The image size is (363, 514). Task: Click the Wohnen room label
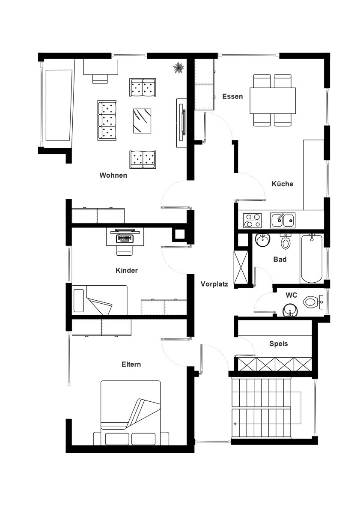pos(113,175)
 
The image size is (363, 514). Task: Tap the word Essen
pos(232,96)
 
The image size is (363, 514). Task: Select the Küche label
pos(282,184)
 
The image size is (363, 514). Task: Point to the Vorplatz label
pos(214,284)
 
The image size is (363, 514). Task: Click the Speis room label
pos(278,344)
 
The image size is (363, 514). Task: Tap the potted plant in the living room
pos(179,68)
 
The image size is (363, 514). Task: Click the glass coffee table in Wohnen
pos(142,121)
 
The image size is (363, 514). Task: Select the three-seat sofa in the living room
pos(107,120)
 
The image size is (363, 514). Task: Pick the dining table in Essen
pos(273,100)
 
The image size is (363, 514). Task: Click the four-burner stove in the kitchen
pos(252,220)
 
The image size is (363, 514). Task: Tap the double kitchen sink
pos(283,220)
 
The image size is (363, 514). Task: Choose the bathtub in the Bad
pos(312,258)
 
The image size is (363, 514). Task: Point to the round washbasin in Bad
pos(262,240)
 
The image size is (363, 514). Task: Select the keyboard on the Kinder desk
pos(125,238)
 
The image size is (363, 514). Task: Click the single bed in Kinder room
pos(99,300)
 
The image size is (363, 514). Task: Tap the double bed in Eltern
pos(131,413)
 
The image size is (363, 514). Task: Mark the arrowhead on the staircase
pos(235,424)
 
